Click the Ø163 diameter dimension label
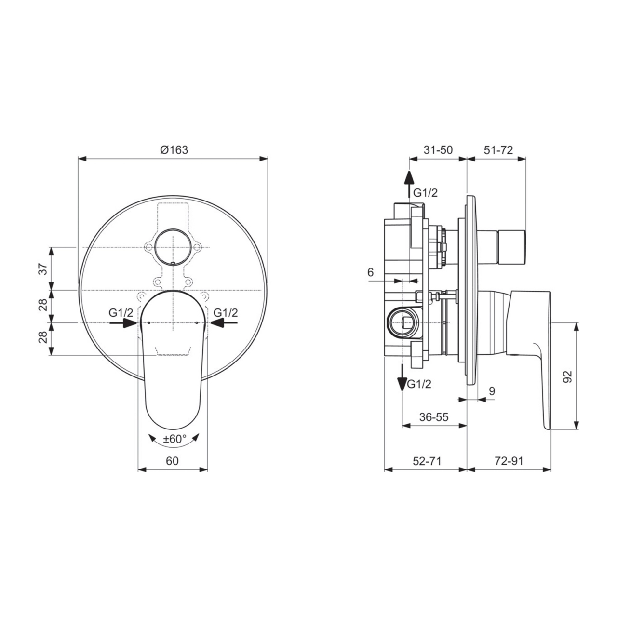(174, 150)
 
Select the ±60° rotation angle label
(174, 439)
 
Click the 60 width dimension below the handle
(172, 461)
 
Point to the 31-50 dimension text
(438, 150)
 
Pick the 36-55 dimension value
(434, 417)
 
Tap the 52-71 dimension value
(427, 461)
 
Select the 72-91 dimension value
(509, 461)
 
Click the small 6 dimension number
(370, 272)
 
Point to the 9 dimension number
(492, 391)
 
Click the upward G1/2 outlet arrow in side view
(408, 183)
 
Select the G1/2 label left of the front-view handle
(121, 313)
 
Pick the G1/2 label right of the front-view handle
(226, 313)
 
